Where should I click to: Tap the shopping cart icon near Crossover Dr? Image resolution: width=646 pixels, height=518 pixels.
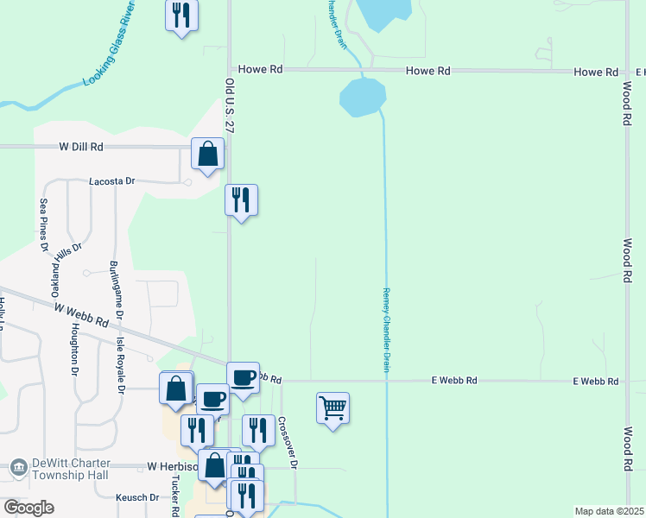332,407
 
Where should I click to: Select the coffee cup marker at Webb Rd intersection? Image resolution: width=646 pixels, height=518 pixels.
243,377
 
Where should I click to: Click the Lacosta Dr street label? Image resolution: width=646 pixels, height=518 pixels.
112,181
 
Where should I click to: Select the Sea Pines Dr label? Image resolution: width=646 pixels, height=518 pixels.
43,224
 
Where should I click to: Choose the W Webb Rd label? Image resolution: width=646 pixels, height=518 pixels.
81,315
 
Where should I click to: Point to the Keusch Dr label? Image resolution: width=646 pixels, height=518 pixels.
138,497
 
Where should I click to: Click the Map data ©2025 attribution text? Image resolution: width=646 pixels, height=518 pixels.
609,511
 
